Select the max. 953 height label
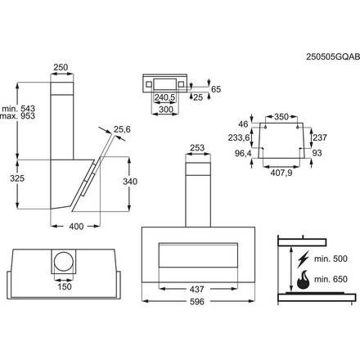click(18, 117)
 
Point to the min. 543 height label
click(18, 107)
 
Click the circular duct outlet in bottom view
click(63, 263)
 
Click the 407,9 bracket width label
click(282, 173)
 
